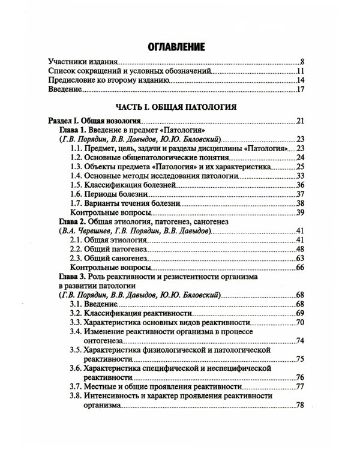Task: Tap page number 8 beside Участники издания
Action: [303, 62]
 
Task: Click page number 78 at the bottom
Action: [301, 406]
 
